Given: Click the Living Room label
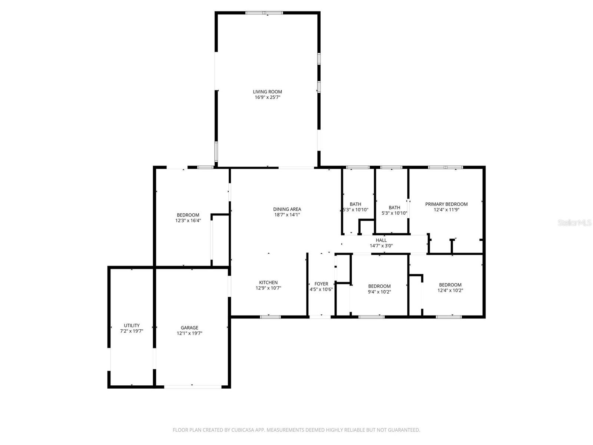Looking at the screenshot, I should coord(267,92).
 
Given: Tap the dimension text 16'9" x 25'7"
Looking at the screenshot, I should coord(267,98).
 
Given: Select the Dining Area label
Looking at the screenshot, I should coord(287,209).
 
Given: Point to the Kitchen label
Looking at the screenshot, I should coord(268,283).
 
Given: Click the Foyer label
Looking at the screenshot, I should coord(321,284).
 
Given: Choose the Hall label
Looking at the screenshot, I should coord(381,240).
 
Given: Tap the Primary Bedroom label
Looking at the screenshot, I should coord(446,204).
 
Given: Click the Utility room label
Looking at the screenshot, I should coord(132,326).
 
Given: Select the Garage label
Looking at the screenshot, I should coord(189,328).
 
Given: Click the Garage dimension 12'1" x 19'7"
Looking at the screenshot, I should coord(189,333).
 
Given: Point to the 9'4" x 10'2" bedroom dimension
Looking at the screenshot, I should coord(379,292).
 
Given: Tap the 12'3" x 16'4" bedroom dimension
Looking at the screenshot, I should coord(188,221).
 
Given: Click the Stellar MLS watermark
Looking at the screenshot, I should coord(574,223).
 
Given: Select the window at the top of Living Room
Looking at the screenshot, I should coord(264,13).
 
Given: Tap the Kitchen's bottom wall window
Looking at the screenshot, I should coord(270,317).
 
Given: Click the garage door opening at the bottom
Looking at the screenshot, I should coord(193,387).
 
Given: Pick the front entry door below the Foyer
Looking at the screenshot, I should coord(320,317).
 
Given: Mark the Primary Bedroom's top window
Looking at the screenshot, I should coord(445,167).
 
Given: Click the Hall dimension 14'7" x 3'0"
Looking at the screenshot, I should coord(381,246).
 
